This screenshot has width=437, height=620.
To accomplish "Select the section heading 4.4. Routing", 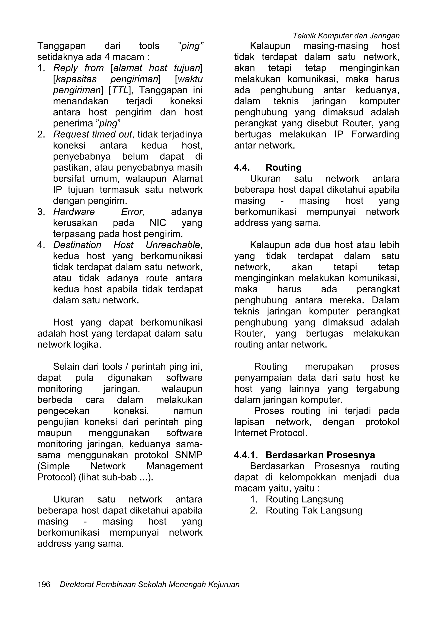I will point(268,167).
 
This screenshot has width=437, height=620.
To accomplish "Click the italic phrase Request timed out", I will point(92,134).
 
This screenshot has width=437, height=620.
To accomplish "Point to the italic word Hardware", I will point(74,212).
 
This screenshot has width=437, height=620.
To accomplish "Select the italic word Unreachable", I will point(173,245).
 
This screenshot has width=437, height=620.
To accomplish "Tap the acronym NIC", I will point(158,223).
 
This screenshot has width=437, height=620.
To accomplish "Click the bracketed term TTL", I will point(119,90).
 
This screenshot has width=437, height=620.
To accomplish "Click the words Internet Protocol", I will point(271,433).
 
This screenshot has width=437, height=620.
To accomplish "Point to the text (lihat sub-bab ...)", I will point(116,477).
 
